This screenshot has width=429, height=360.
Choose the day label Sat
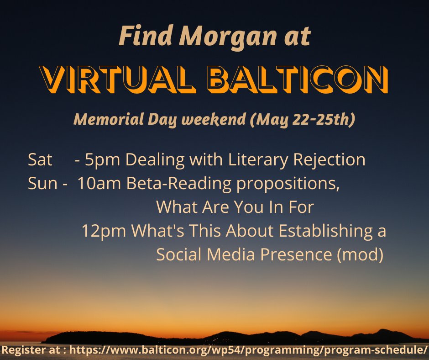pos(40,159)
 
